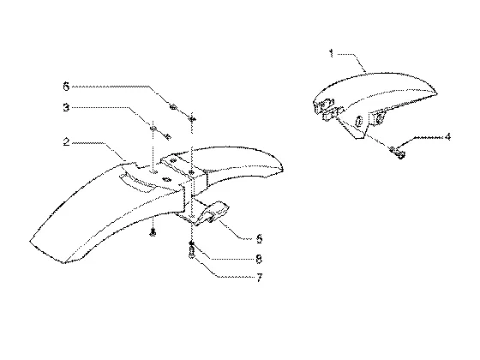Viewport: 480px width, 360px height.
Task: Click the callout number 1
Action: point(331,53)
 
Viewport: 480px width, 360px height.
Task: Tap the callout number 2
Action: point(67,142)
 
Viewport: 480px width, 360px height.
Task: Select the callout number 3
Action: point(66,107)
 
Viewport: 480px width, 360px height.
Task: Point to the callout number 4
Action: point(447,136)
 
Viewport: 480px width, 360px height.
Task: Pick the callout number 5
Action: point(259,239)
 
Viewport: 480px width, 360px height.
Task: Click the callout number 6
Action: point(66,87)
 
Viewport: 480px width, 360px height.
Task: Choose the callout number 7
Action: point(259,278)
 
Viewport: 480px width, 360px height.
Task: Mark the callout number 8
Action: point(259,259)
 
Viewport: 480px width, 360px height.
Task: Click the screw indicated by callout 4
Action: point(397,153)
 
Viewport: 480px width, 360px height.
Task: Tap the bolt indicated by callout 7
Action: point(192,252)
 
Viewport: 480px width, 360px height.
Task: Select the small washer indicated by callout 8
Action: point(191,243)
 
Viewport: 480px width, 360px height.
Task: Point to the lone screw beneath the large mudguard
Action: point(153,232)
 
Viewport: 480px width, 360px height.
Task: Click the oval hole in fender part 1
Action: point(358,121)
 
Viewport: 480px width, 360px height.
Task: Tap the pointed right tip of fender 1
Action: point(437,93)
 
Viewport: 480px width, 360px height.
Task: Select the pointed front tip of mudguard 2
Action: point(283,169)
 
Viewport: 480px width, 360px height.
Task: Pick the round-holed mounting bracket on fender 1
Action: point(378,118)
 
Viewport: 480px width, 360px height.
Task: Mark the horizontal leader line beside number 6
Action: point(111,87)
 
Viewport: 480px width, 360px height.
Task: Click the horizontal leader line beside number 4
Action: point(428,138)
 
